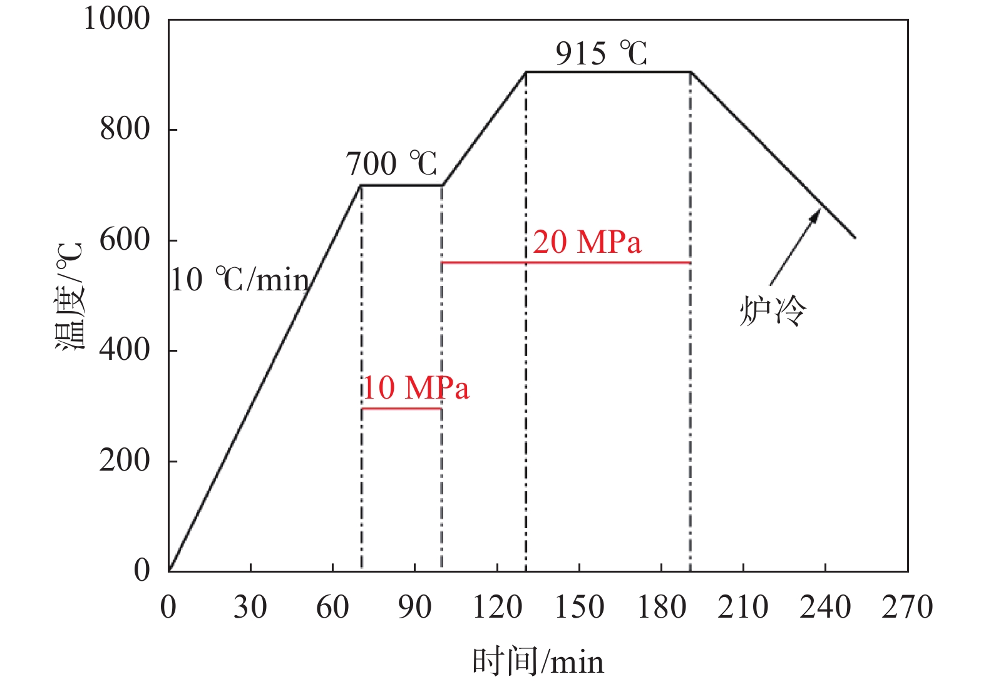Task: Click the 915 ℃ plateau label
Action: coord(601,54)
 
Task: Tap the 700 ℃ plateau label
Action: coord(391,164)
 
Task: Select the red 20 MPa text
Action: coord(587,242)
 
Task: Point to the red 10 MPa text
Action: coord(416,388)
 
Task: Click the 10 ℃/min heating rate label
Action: coord(240,280)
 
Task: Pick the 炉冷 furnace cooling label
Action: coord(773,310)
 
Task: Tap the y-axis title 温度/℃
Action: coord(69,297)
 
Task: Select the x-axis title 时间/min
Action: coord(538,661)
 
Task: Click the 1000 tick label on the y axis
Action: coord(116,19)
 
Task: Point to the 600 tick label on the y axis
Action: coord(125,240)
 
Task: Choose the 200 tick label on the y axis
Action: coord(125,461)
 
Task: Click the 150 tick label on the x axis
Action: coord(579,608)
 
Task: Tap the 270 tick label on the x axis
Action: coord(907,608)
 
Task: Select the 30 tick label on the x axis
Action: coord(250,608)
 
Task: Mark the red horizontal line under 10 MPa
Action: coord(401,409)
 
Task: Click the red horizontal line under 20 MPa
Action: coord(566,263)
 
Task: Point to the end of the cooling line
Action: coord(855,238)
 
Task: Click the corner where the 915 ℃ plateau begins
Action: coord(526,72)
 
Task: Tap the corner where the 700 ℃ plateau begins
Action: coord(361,185)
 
